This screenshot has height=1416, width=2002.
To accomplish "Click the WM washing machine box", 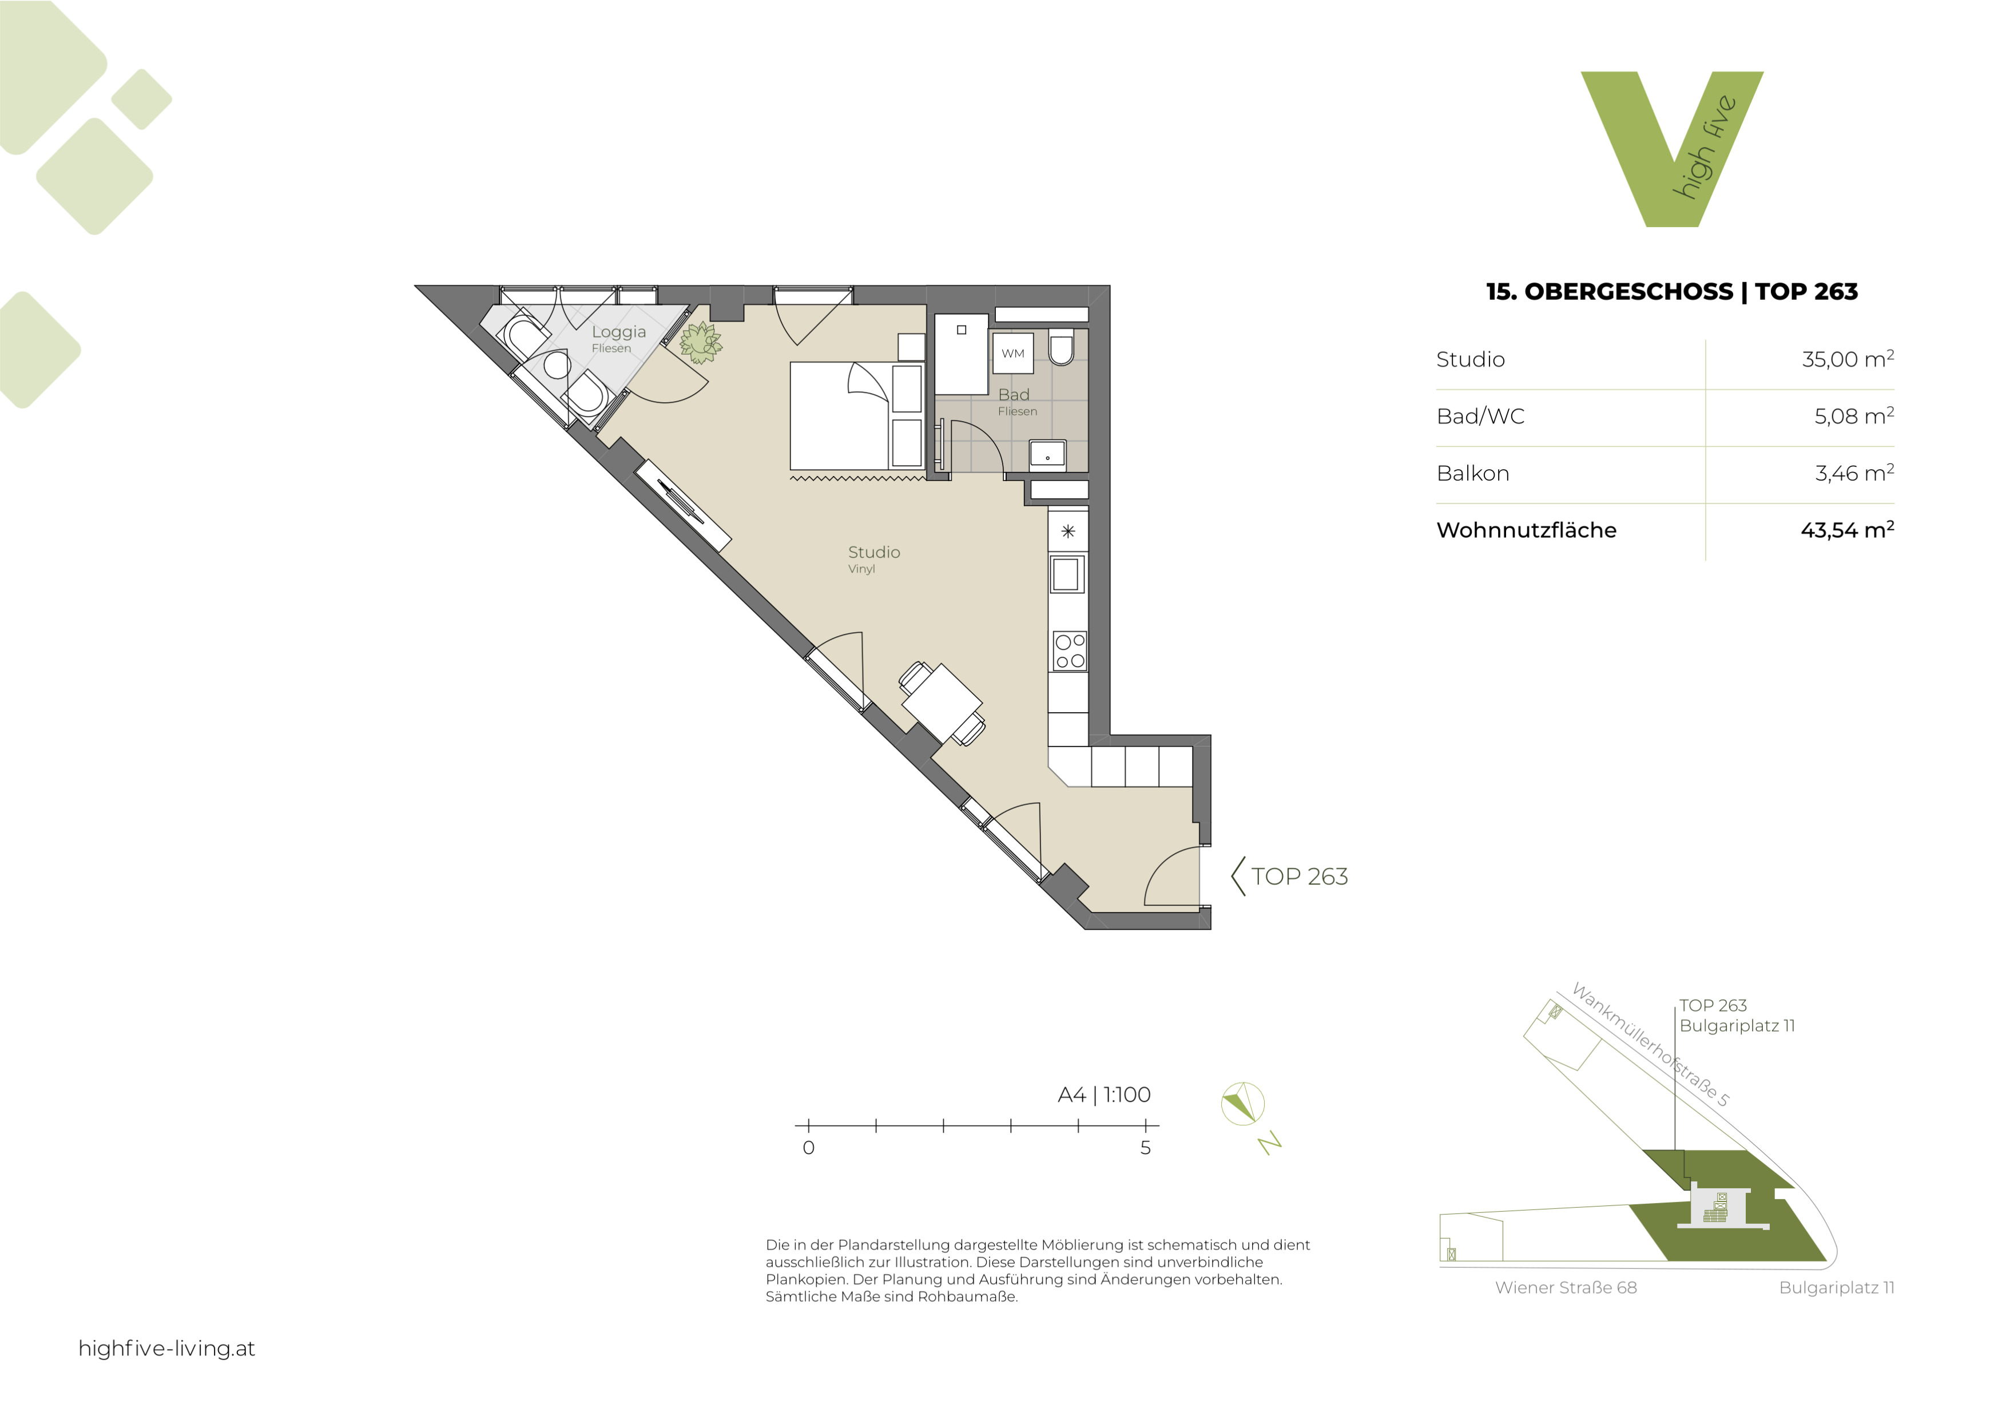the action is point(1012,353).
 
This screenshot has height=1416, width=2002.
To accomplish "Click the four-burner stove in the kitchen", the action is point(1069,651).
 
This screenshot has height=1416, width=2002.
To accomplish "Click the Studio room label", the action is point(873,552).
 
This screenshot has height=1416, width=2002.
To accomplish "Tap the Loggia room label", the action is point(619,332).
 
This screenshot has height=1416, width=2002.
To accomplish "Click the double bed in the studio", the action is point(857,416).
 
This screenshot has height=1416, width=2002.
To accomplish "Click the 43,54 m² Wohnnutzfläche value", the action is point(1847,530).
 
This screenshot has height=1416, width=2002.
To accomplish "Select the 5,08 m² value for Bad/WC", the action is point(1854,416).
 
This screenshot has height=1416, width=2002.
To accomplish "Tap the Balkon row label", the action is point(1473,474).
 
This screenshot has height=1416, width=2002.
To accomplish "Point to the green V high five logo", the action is point(1671,149).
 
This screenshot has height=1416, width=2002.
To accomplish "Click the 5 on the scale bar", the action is point(1145,1148).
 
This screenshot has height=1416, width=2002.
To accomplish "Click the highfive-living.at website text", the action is point(166,1349).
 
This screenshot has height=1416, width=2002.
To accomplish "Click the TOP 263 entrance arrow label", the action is point(1290,876).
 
